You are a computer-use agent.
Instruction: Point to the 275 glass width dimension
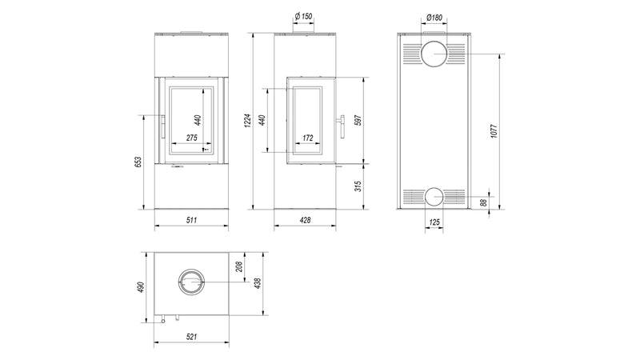coord(191,138)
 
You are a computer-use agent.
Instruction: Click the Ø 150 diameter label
coord(304,16)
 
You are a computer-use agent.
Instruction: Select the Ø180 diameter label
coord(434,16)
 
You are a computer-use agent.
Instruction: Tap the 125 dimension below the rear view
coord(434,222)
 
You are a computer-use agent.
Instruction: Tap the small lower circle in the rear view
coord(434,196)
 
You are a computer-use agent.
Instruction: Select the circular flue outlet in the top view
coord(191,282)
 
